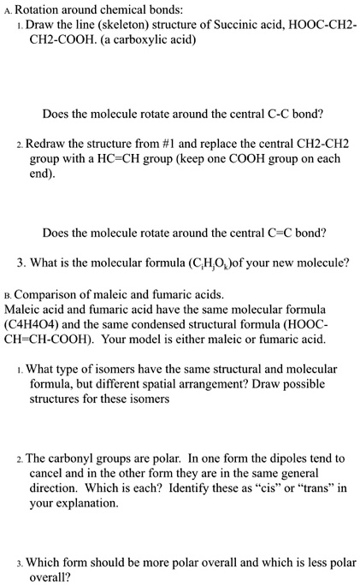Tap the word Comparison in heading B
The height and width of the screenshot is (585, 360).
(48, 294)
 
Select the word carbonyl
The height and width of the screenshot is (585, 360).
(73, 458)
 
